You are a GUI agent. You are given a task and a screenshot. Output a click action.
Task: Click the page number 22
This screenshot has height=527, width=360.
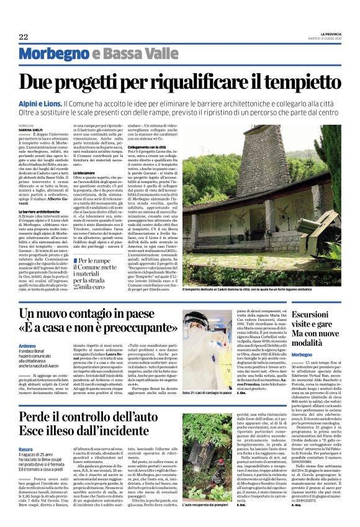(x=24, y=37)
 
